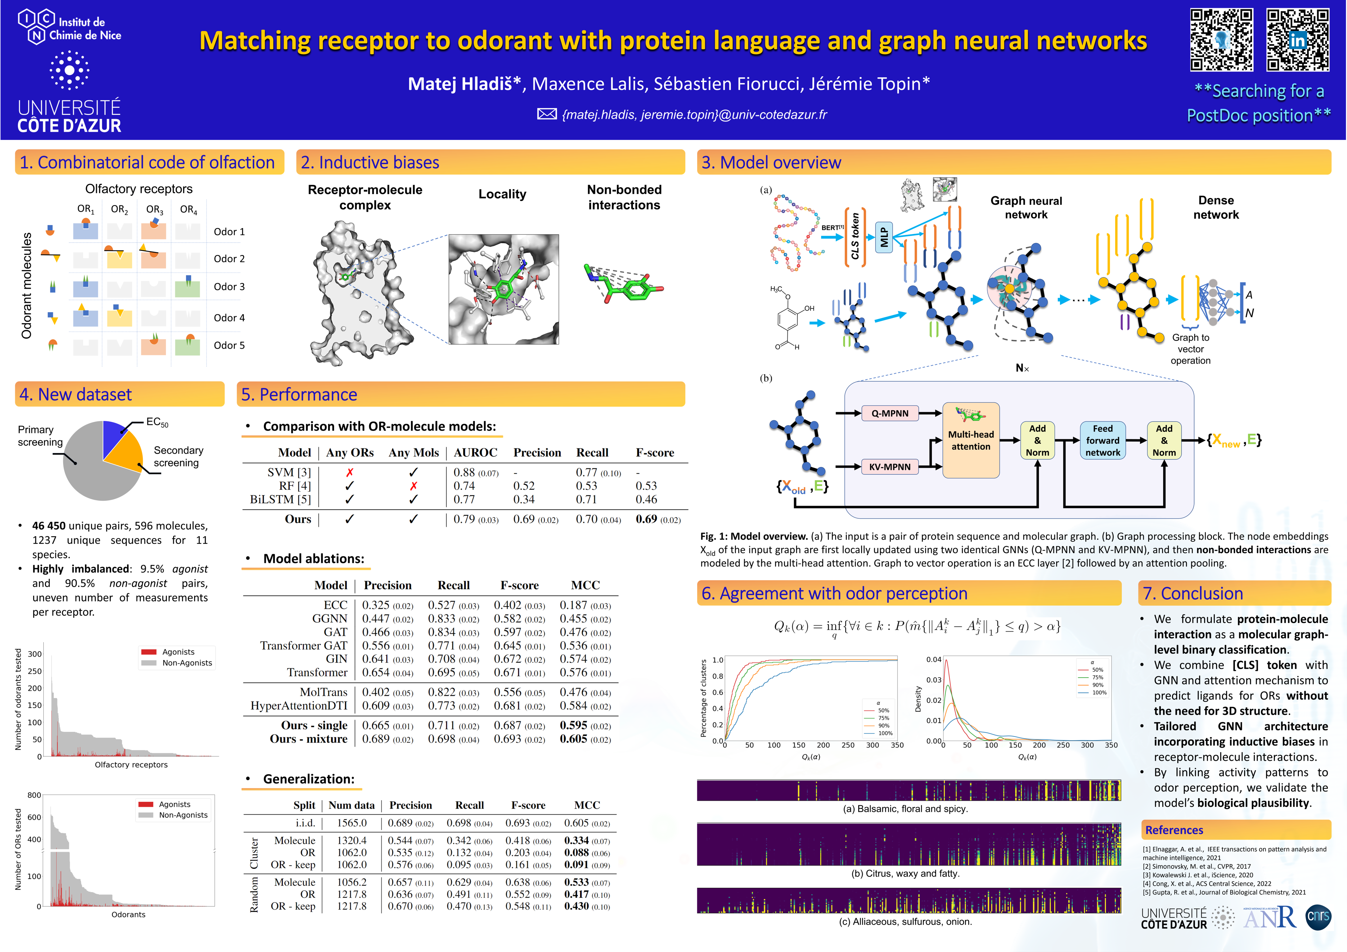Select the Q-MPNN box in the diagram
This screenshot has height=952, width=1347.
(x=889, y=414)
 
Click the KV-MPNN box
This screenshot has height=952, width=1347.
(x=889, y=467)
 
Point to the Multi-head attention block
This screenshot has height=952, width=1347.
(x=971, y=440)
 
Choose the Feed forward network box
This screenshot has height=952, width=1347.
(x=1102, y=441)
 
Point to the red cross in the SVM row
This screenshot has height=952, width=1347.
(x=350, y=472)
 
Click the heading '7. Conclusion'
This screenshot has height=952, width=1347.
(x=1193, y=594)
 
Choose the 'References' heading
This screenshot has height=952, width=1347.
(x=1174, y=830)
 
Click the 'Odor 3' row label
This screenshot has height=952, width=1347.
(x=229, y=287)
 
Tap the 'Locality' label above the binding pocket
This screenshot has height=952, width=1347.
(x=502, y=194)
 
